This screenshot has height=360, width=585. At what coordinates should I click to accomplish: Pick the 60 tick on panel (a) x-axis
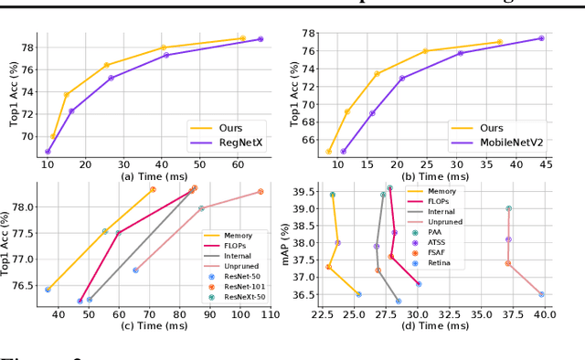237,164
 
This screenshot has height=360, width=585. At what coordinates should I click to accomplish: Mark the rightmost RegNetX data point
261,39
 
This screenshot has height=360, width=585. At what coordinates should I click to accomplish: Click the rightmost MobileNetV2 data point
541,38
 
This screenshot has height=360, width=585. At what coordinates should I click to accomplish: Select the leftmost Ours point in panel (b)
329,152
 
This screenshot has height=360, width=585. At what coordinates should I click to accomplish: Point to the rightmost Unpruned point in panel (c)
261,192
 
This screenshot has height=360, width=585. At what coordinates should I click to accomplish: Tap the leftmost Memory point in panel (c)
48,289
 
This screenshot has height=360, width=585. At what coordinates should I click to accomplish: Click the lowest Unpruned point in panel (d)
541,294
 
